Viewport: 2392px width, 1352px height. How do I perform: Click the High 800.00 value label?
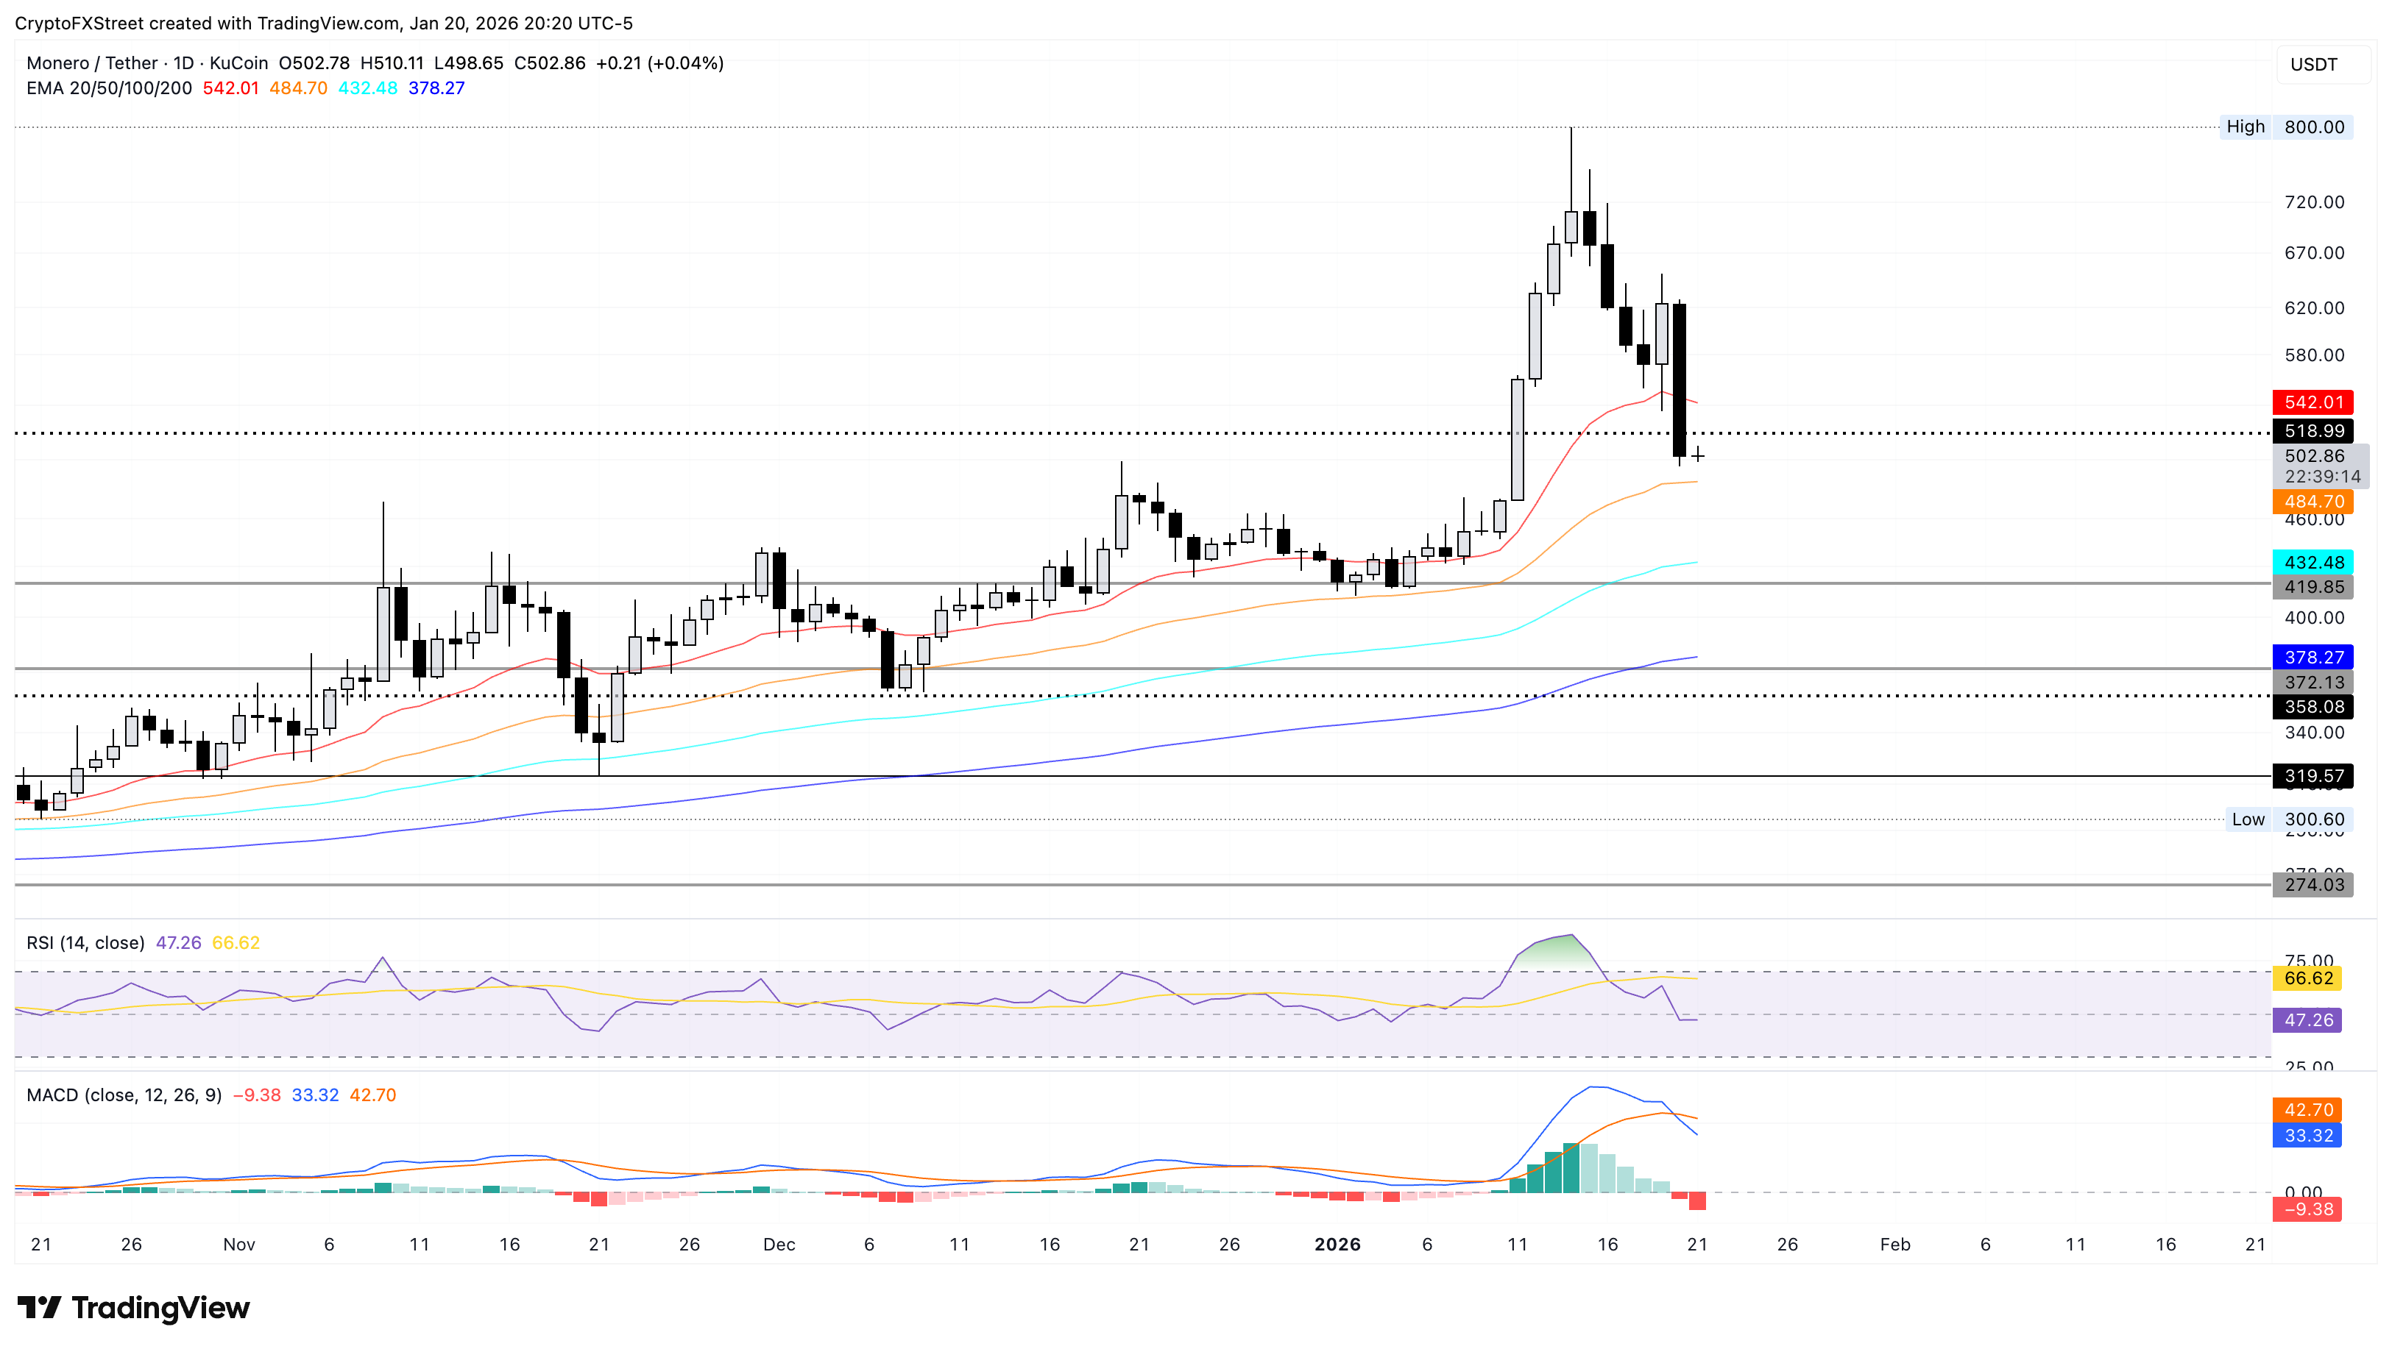(2313, 127)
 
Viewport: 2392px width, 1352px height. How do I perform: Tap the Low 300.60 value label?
(2313, 819)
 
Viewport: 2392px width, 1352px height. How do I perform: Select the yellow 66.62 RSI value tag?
(2307, 978)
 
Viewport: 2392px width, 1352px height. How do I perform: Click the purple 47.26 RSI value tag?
(2307, 1020)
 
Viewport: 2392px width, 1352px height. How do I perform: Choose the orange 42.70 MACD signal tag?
(2307, 1110)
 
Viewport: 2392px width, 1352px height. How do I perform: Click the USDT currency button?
(2313, 64)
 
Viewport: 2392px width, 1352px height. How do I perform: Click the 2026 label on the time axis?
(1337, 1245)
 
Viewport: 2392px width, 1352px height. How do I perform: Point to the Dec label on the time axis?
(779, 1245)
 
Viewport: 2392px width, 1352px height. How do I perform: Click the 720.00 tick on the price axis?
(2313, 202)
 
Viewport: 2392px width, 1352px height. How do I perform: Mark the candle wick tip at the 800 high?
(1571, 128)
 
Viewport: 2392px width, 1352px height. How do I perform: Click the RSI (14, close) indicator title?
(85, 942)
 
